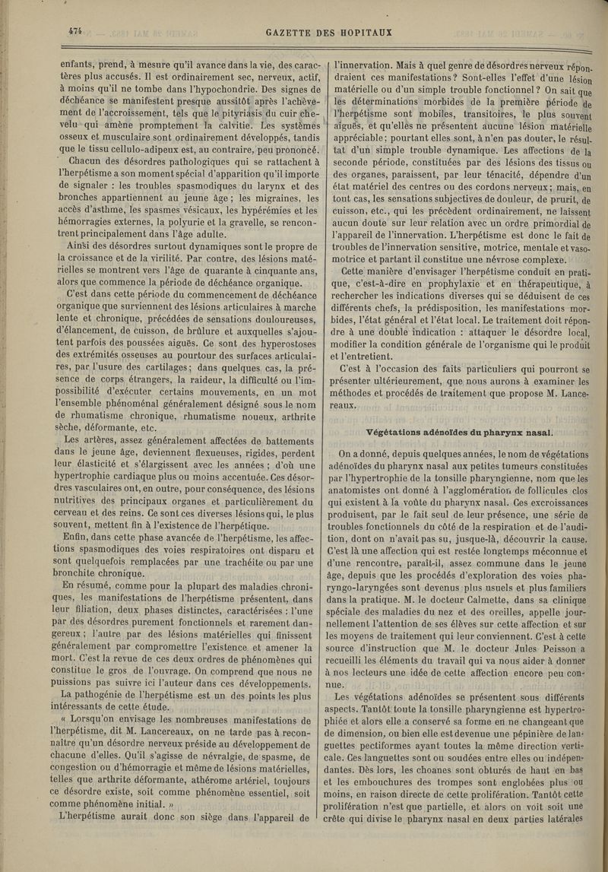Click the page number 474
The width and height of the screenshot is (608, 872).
(x=74, y=31)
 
